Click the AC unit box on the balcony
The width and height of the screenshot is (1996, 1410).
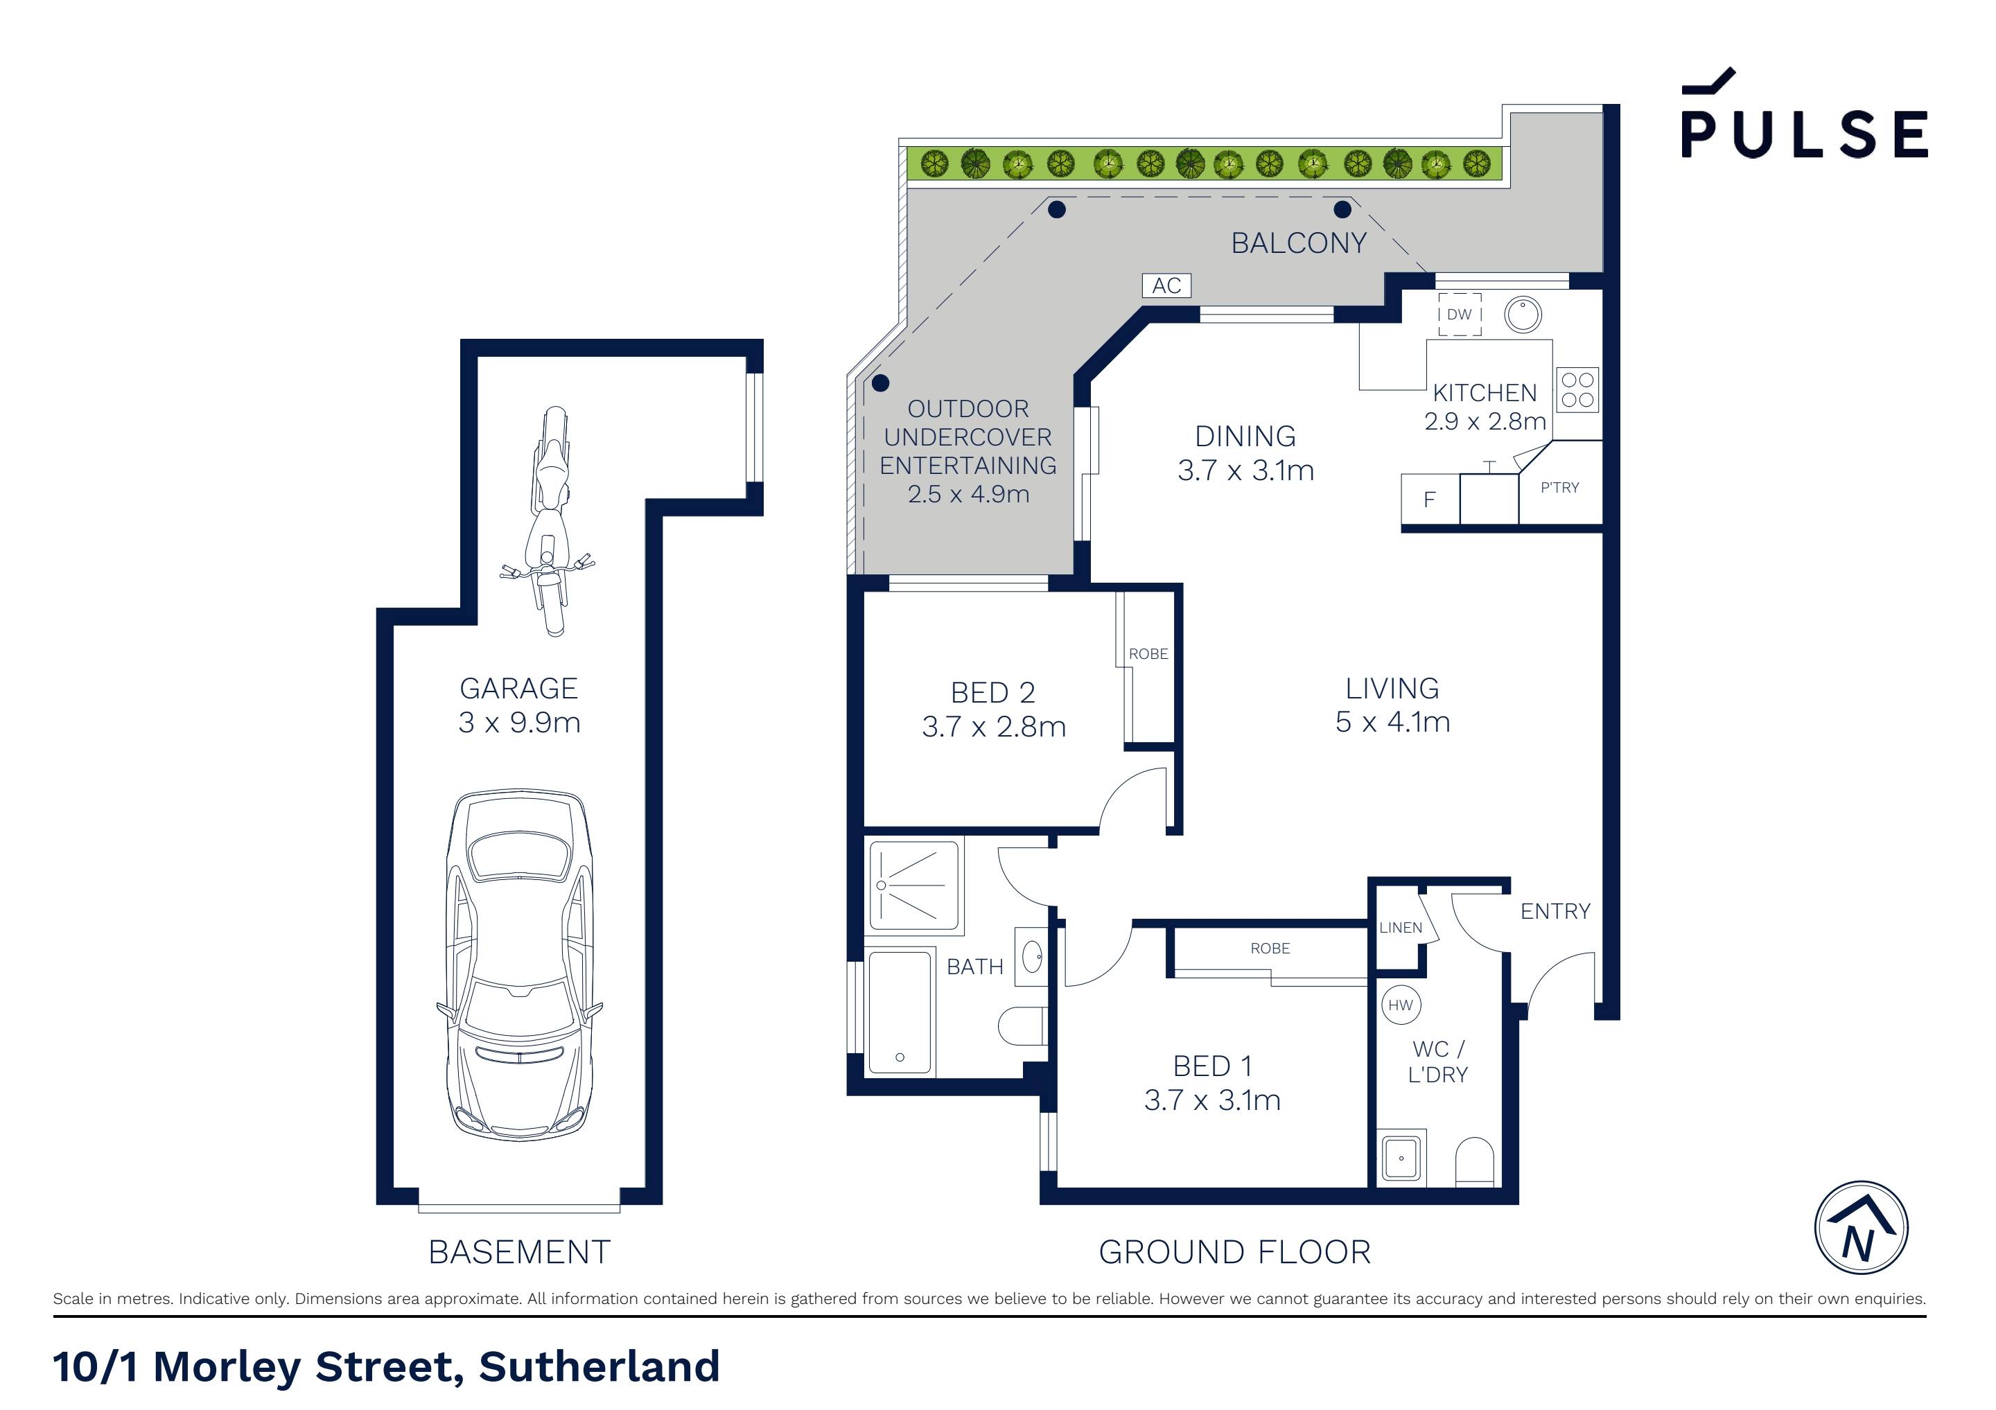click(1166, 285)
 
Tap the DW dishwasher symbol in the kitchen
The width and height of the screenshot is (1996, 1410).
click(1459, 315)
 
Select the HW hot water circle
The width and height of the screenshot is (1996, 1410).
click(1401, 1006)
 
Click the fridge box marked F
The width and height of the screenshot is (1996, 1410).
click(1429, 500)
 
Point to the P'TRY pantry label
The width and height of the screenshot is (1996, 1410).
click(1559, 488)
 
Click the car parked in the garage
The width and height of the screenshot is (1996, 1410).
click(519, 965)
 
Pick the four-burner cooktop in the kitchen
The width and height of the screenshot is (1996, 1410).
click(1577, 389)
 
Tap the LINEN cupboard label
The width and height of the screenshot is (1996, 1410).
click(1401, 928)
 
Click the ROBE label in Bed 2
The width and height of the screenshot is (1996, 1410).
click(1148, 653)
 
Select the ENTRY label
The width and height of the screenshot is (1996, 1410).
click(1555, 911)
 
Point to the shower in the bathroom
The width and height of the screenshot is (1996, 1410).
click(913, 885)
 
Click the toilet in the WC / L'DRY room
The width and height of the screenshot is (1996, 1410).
click(1473, 1161)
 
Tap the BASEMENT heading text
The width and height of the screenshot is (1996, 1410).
click(519, 1252)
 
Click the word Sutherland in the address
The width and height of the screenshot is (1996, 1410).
click(599, 1366)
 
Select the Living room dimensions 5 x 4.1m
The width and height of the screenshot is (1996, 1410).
click(1392, 721)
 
